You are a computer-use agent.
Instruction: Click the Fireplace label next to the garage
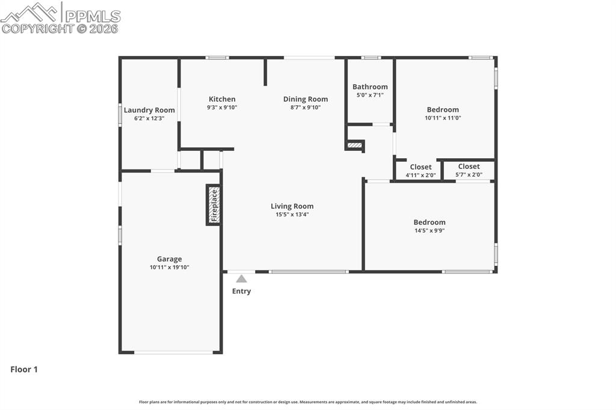(213, 204)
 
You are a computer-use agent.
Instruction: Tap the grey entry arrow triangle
(241, 278)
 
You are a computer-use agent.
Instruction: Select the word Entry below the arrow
(241, 291)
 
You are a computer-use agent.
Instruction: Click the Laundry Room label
(149, 110)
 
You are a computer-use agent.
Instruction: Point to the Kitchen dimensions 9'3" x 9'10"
(222, 108)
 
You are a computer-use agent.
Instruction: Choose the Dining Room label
(306, 99)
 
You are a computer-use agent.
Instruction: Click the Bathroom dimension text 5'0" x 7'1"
(370, 95)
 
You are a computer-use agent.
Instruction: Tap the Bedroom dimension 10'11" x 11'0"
(443, 118)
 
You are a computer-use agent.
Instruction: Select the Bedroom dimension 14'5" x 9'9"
(429, 230)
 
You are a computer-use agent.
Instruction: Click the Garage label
(170, 259)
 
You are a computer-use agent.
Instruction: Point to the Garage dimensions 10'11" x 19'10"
(170, 268)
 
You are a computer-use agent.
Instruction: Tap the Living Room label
(292, 206)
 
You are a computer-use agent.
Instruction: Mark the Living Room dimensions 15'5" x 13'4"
(292, 215)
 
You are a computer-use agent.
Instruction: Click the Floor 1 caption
(24, 370)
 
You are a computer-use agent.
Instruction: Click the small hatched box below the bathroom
(355, 145)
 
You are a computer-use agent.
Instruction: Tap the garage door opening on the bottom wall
(173, 352)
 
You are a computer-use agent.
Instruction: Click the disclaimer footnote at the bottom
(307, 402)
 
